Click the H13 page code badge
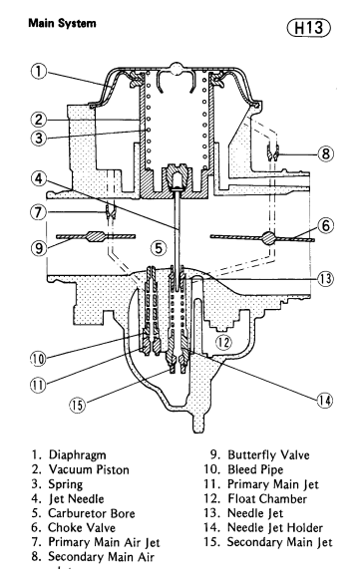pyautogui.click(x=309, y=28)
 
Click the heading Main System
pyautogui.click(x=62, y=23)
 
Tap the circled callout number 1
pyautogui.click(x=38, y=72)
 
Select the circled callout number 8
pyautogui.click(x=325, y=152)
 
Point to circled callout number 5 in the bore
pyautogui.click(x=159, y=247)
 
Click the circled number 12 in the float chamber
pyautogui.click(x=223, y=342)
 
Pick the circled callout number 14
pyautogui.click(x=325, y=401)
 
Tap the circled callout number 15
pyautogui.click(x=77, y=405)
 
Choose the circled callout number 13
pyautogui.click(x=325, y=278)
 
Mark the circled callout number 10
pyautogui.click(x=38, y=359)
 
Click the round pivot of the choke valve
pyautogui.click(x=269, y=238)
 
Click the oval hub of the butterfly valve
pyautogui.click(x=96, y=236)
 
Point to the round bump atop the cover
pyautogui.click(x=177, y=69)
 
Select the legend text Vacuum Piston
pyautogui.click(x=89, y=469)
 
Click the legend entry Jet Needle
pyautogui.click(x=77, y=499)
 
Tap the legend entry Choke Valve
pyautogui.click(x=82, y=528)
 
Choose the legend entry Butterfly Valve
pyautogui.click(x=268, y=455)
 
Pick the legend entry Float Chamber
pyautogui.click(x=267, y=499)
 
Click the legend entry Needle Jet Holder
pyautogui.click(x=275, y=528)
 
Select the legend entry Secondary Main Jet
pyautogui.click(x=280, y=542)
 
